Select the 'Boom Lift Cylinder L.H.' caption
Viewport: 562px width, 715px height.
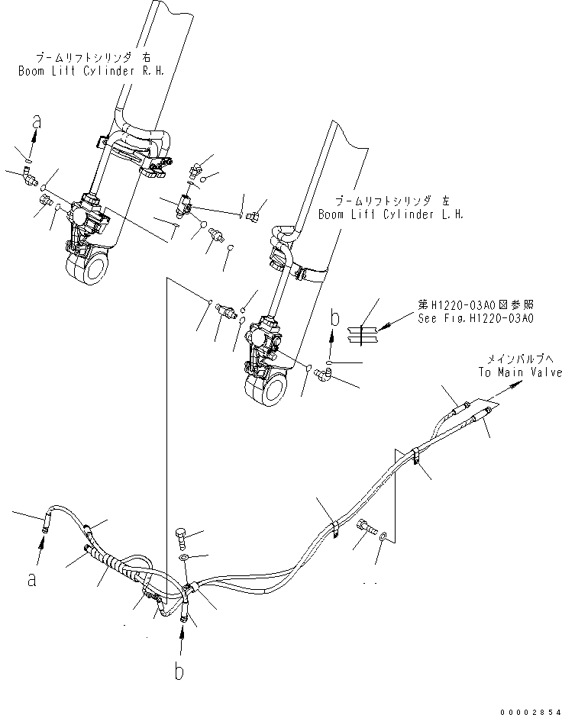coord(392,214)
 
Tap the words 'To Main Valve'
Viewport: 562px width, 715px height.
coord(521,372)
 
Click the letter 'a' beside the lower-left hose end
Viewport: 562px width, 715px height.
coord(31,579)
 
